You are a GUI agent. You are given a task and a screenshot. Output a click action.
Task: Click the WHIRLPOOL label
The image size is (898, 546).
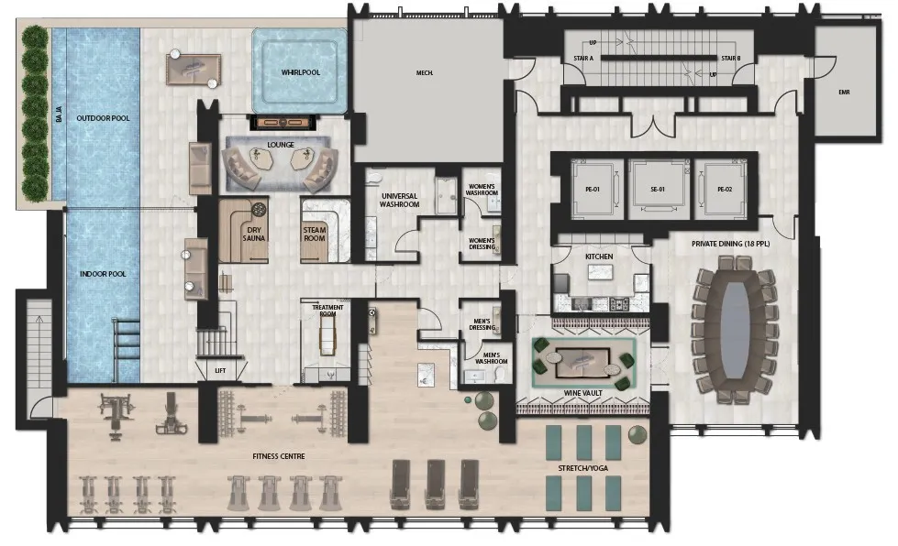point(300,72)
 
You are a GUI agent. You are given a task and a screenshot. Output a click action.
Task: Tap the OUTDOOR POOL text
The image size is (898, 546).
point(103,118)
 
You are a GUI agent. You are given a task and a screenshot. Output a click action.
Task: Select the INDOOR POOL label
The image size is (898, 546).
point(103,274)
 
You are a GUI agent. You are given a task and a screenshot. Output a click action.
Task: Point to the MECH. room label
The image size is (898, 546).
point(425,73)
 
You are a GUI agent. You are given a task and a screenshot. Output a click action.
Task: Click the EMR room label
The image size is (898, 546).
point(844,92)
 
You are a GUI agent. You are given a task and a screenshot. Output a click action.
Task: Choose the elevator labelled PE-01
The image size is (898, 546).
point(593,190)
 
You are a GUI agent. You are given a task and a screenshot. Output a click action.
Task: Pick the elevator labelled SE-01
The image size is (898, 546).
point(658,190)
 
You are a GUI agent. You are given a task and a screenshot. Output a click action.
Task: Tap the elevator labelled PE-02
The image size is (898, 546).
point(725,190)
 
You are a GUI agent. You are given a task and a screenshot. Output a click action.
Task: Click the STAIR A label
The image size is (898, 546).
point(583,59)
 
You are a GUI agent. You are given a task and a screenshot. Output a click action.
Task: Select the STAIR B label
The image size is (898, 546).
point(731,59)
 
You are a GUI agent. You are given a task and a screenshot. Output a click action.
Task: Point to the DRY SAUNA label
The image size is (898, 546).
point(254,235)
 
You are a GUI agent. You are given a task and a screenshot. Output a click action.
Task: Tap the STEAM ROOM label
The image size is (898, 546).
point(315,235)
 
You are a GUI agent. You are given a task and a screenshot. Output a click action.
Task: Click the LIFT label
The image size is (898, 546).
point(220,370)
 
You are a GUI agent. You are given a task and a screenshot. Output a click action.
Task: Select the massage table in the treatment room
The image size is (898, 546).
point(327,334)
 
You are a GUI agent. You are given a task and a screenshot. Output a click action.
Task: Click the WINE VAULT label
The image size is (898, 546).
point(583,393)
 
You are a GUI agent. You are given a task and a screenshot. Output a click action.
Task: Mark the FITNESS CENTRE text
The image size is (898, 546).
point(279,456)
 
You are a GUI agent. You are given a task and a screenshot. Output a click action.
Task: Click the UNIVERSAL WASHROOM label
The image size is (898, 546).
point(399,200)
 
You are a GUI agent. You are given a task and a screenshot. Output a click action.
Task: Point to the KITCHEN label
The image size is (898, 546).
point(599,257)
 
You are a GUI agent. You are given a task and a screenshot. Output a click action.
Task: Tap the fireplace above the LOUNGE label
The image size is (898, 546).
point(283,123)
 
